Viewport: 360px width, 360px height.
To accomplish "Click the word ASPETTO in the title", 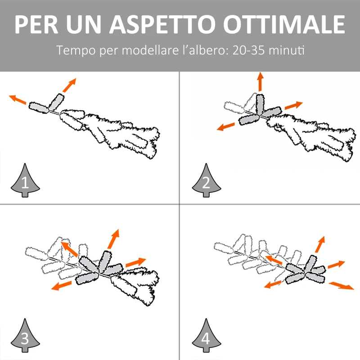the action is pyautogui.click(x=162, y=25).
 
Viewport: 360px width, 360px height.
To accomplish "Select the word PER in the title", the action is pyautogui.click(x=36, y=25).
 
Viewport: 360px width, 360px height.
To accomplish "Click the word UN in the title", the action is pyautogui.click(x=84, y=25).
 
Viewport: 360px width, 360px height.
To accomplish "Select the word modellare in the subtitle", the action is pyautogui.click(x=150, y=50).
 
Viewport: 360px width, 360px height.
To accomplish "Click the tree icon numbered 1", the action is pyautogui.click(x=25, y=180).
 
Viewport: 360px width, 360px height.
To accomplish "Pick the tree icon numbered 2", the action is pyautogui.click(x=206, y=180).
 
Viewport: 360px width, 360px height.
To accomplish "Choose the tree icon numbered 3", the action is pyautogui.click(x=25, y=336).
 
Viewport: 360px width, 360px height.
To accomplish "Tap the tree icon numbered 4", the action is pyautogui.click(x=206, y=336).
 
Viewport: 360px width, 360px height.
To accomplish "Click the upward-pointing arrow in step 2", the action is pyautogui.click(x=260, y=82).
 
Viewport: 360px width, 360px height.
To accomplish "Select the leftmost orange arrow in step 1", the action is pyautogui.click(x=18, y=99).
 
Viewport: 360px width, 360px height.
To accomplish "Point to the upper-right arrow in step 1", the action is pyautogui.click(x=69, y=85).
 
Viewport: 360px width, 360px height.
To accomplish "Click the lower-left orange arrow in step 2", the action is pyautogui.click(x=226, y=126).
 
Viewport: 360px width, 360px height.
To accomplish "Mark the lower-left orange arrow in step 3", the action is pyautogui.click(x=61, y=285).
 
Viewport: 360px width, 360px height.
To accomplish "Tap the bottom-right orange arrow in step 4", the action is pyautogui.click(x=342, y=286).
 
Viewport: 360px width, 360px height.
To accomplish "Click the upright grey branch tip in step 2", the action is pyautogui.click(x=260, y=104).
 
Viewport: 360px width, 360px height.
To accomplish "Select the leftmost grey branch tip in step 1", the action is pyautogui.click(x=39, y=108).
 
